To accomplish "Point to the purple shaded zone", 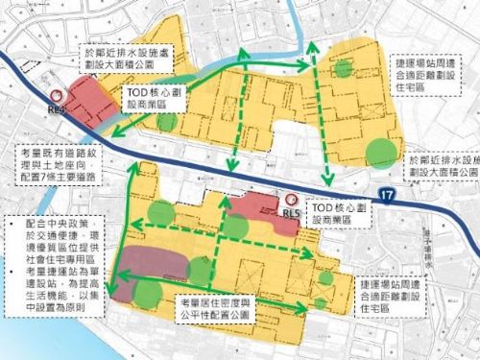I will pos(154,259).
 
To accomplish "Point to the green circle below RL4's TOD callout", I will pos(167,122).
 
